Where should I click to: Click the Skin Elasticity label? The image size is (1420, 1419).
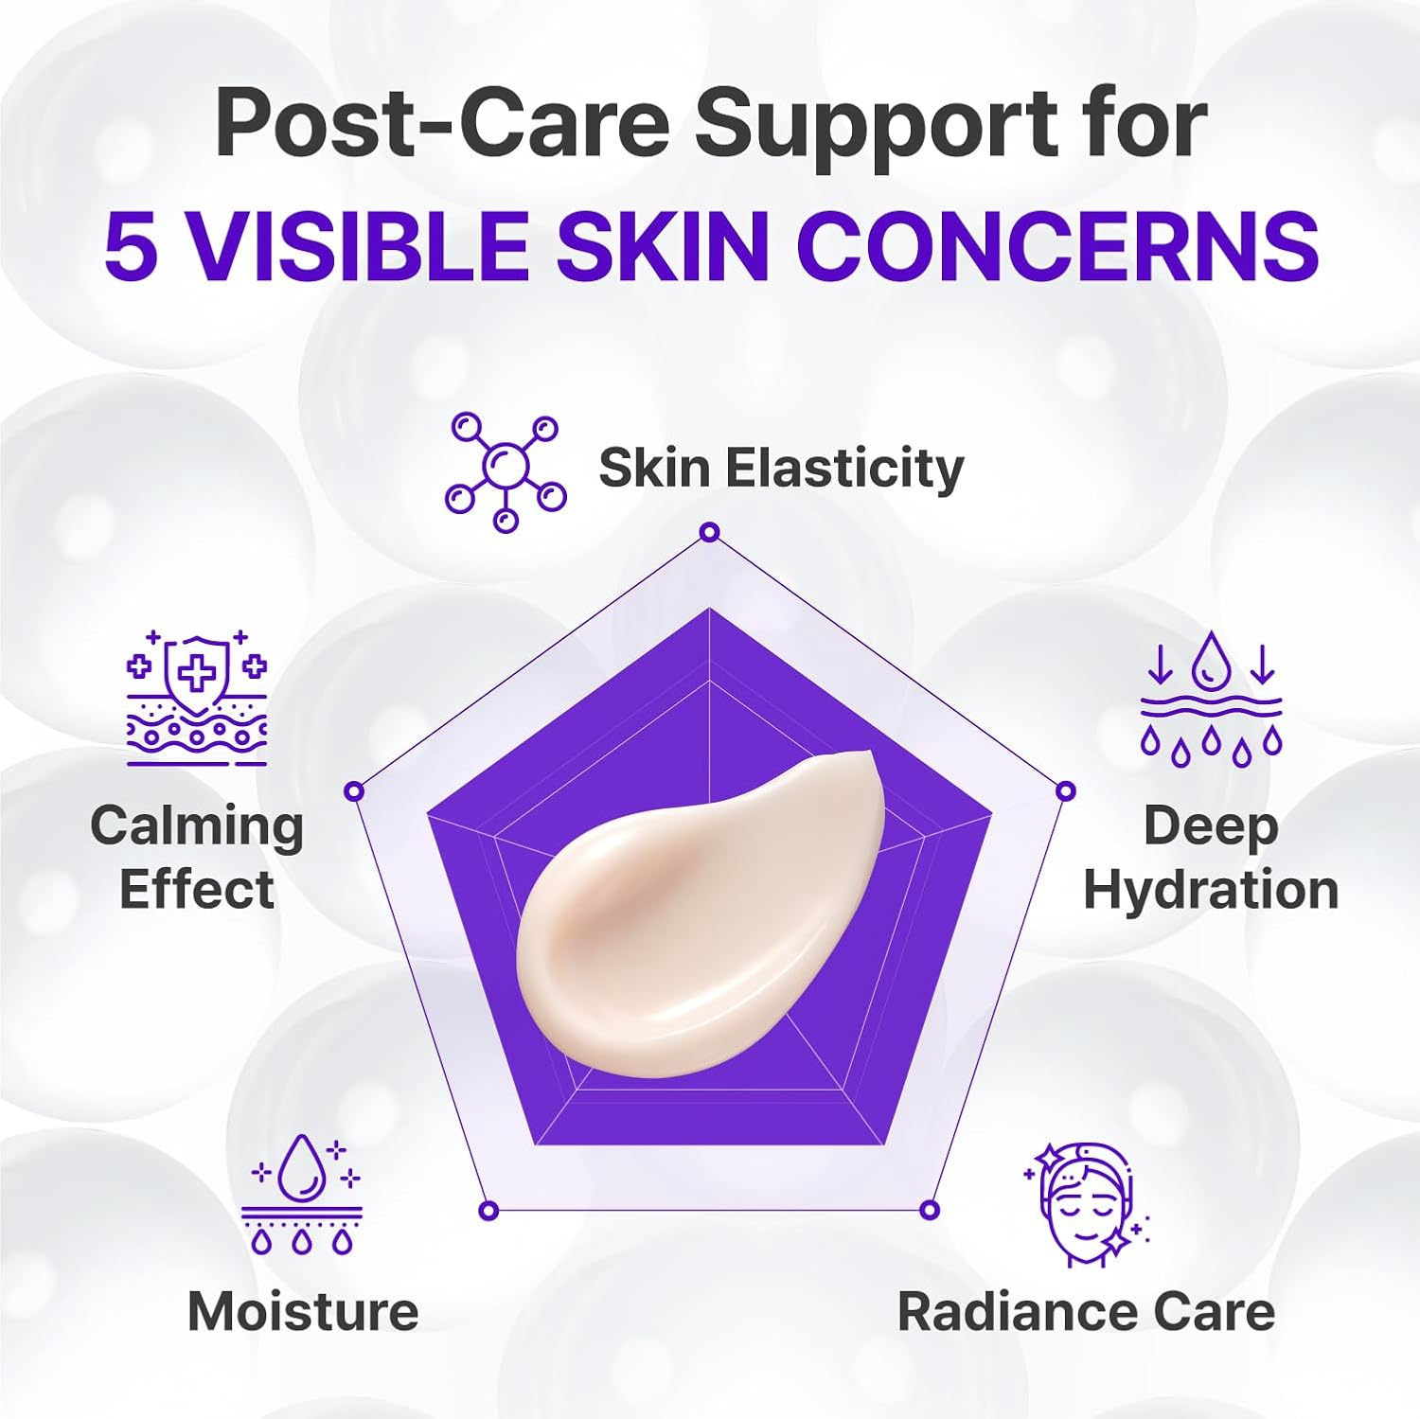click(781, 469)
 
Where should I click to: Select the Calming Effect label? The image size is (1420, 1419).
click(197, 858)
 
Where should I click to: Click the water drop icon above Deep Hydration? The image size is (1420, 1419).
click(1211, 699)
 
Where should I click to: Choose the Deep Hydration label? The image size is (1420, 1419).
click(1211, 858)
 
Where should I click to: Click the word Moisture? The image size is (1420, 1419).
click(303, 1312)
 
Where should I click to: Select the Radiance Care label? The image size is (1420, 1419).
click(1086, 1312)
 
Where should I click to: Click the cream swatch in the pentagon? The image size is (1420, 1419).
click(701, 913)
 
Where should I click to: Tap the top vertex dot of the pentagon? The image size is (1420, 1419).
click(709, 533)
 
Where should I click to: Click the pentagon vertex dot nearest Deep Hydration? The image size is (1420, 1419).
click(1065, 790)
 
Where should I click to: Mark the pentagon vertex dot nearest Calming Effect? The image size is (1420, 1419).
click(354, 790)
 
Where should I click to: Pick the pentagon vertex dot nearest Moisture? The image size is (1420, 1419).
click(488, 1210)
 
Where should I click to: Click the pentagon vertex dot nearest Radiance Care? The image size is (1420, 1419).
click(930, 1210)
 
